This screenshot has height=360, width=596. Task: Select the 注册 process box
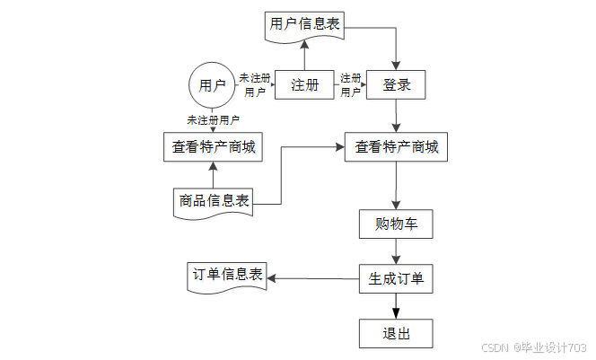[x=304, y=84]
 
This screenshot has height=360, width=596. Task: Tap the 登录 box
[x=396, y=84]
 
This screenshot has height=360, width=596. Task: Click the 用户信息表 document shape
[x=304, y=27]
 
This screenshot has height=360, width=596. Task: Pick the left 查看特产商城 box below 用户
[x=214, y=147]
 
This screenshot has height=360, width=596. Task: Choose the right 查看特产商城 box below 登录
[x=396, y=147]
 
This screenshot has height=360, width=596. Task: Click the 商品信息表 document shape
[x=214, y=204]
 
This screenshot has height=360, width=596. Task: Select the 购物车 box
[x=396, y=224]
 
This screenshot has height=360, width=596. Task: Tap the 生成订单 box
[x=396, y=278]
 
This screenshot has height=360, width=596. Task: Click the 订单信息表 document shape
[x=227, y=277]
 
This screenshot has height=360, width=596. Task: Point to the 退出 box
[x=396, y=333]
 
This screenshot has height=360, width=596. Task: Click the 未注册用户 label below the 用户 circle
[x=214, y=120]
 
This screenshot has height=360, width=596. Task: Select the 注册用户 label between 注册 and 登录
[x=350, y=85]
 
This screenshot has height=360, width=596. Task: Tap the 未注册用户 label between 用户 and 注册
[x=255, y=85]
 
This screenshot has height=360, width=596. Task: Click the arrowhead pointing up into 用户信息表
[x=304, y=45]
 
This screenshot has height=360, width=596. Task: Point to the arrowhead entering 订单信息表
[x=271, y=278]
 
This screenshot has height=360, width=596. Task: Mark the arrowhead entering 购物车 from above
[x=396, y=205]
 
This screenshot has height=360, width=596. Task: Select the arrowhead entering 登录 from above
[x=396, y=66]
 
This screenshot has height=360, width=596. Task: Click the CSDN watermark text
[x=495, y=347]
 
